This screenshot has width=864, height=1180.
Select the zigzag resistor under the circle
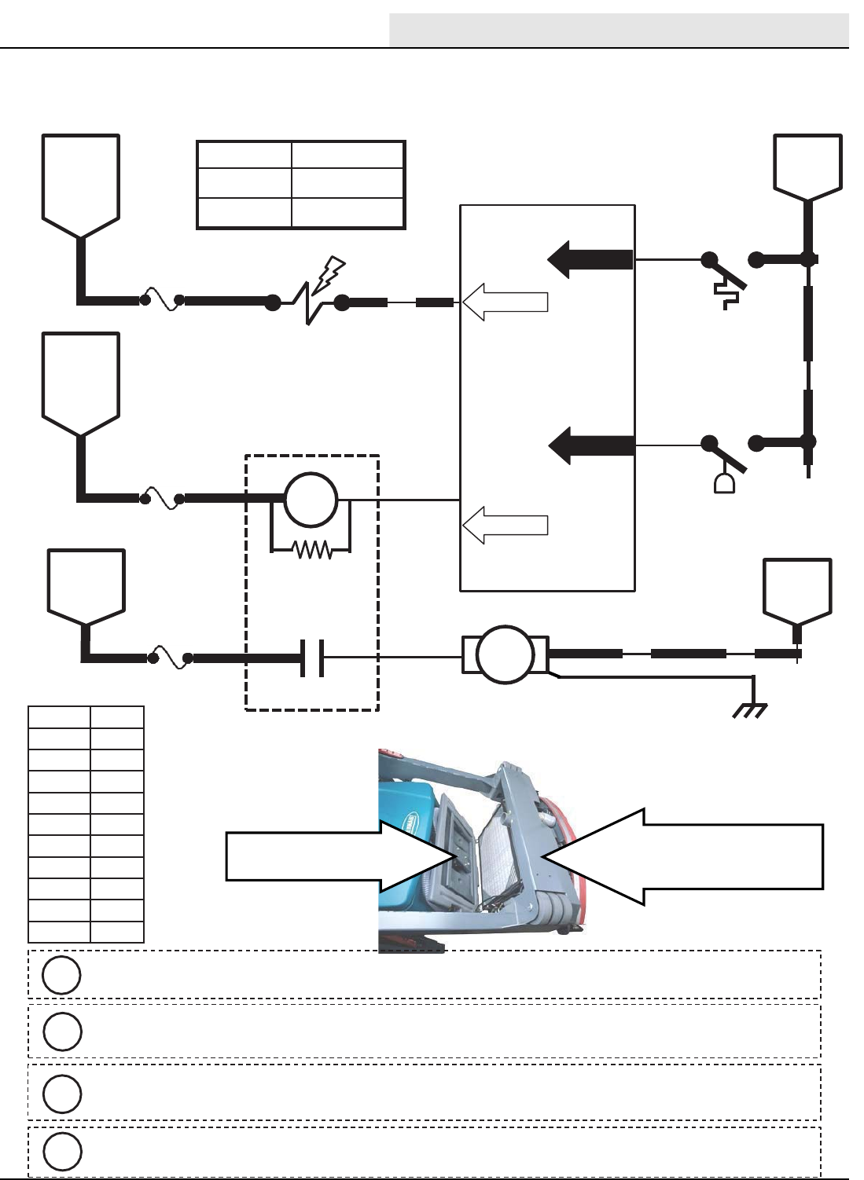(x=312, y=549)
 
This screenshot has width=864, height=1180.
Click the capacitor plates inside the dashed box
(x=312, y=658)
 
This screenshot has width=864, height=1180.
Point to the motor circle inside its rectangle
(x=505, y=654)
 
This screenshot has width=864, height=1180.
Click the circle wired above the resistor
(x=311, y=500)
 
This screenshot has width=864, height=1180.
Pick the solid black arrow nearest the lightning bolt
(x=590, y=259)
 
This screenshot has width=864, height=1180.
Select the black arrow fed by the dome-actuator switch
(x=591, y=445)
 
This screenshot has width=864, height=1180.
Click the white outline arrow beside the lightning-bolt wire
(x=505, y=302)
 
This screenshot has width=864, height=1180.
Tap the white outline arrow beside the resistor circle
(x=505, y=525)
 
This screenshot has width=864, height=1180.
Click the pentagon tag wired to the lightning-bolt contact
(x=80, y=185)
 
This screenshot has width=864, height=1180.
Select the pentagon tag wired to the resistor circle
(x=80, y=383)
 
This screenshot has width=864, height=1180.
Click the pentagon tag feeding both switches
(x=807, y=167)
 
